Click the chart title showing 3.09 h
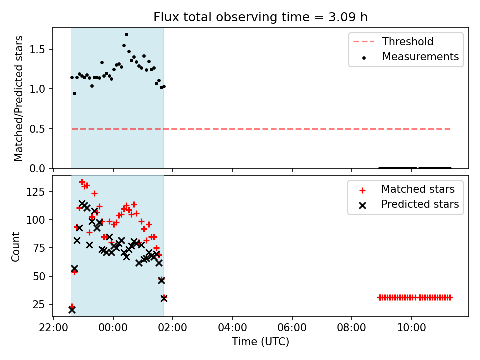[x=260, y=17]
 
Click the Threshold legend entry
[x=393, y=41]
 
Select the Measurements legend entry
[x=410, y=56]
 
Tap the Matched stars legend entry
[x=407, y=189]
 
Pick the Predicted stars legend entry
[x=409, y=204]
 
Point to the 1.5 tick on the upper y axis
[x=37, y=49]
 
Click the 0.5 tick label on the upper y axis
[x=37, y=129]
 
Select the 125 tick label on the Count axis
[x=36, y=192]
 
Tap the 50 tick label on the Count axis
[x=39, y=276]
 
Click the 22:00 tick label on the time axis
[x=53, y=328]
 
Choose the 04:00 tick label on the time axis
[x=232, y=328]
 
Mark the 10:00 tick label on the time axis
[x=411, y=328]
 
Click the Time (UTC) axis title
[x=260, y=341]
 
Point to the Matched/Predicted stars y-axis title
[x=18, y=98]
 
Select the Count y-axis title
[x=15, y=246]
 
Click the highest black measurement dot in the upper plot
[x=126, y=35]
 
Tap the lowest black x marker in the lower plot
[x=72, y=310]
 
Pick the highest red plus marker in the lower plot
[x=82, y=182]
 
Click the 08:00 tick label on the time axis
[x=351, y=328]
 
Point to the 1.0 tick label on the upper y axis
[x=37, y=89]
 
